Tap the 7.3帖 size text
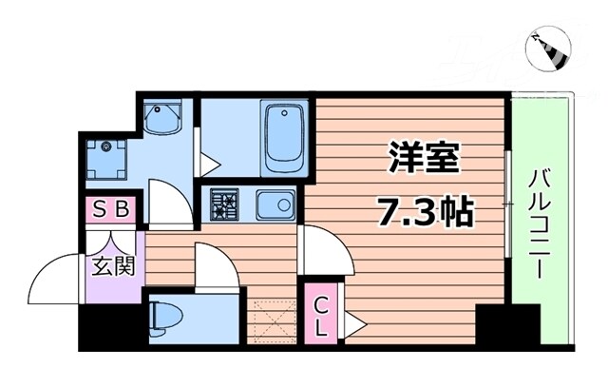[426, 211]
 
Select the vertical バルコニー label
[541, 224]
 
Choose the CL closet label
[321, 316]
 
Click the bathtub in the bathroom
[283, 138]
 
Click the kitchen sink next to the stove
[275, 203]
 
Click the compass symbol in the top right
[548, 49]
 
